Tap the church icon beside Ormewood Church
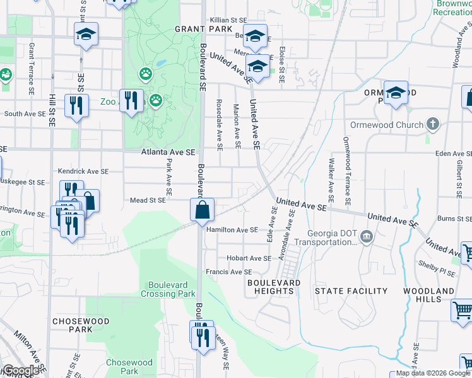tap(432, 123)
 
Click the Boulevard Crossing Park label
tap(168, 289)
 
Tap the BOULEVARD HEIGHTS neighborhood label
tap(273, 287)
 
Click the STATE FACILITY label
tap(351, 291)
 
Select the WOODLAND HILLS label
tap(435, 295)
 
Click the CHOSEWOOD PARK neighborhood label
tap(81, 325)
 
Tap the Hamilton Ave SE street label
tap(232, 230)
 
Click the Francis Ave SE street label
tap(228, 272)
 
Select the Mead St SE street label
tap(148, 200)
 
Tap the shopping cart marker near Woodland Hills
tap(463, 311)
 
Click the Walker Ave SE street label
tap(331, 177)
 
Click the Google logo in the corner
tap(21, 370)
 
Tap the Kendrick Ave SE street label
tap(84, 171)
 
